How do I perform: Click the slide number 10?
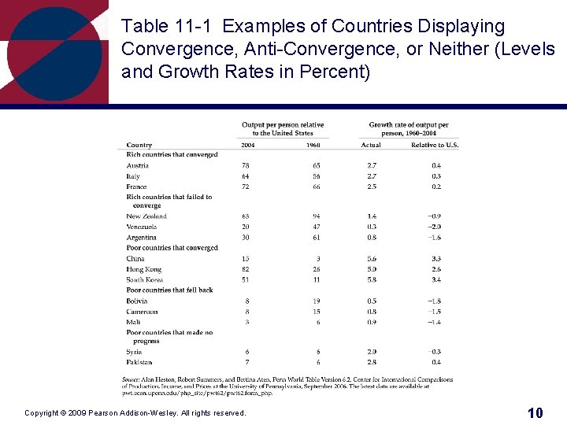coord(535,412)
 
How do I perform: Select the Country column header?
coord(139,145)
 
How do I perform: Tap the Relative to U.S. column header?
coord(435,145)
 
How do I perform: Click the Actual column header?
coord(371,145)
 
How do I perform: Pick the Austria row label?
coord(138,165)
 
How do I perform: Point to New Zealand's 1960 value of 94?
coord(317,216)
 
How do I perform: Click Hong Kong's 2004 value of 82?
coord(246,269)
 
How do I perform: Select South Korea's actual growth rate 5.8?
coord(372,279)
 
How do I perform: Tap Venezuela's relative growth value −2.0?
coord(435,227)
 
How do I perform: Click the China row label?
coord(135,258)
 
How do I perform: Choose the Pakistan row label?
coord(139,362)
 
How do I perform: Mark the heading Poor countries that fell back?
coord(170,290)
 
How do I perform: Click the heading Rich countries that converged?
coord(172,155)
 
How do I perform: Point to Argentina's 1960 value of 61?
coord(317,237)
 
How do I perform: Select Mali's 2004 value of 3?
coord(247,322)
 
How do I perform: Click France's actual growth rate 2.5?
coord(372,187)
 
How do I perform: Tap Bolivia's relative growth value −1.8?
coord(435,301)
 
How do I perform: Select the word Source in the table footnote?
coord(130,379)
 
